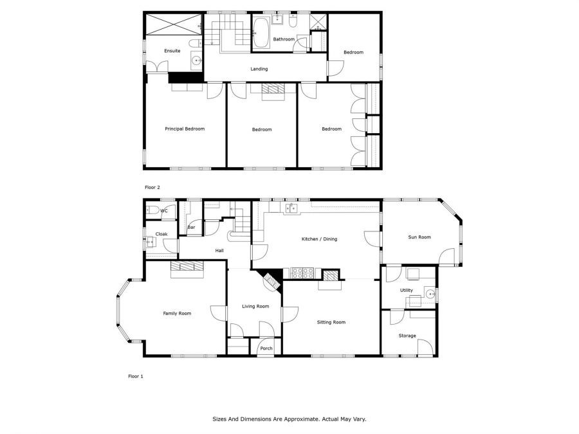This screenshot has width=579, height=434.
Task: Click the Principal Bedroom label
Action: coord(185,129)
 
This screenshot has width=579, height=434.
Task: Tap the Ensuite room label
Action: coord(172,51)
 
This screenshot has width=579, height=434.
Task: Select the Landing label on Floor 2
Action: coord(259,69)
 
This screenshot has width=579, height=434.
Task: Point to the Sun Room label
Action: coord(419,237)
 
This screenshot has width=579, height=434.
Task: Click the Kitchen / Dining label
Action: coord(319,239)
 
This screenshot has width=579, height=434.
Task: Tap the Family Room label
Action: coord(177,313)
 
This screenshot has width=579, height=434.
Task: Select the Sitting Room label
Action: coord(331,322)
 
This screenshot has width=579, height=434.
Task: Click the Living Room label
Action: coord(255,306)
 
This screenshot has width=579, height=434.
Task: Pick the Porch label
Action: coord(266,348)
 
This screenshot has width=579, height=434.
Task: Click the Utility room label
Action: coord(407,291)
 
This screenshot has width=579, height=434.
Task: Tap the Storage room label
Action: coord(407,336)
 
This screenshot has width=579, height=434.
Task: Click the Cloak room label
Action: coord(161,234)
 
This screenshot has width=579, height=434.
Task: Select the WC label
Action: coord(164,210)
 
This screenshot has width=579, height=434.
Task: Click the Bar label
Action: coord(191,227)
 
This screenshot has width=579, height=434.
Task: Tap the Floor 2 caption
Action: coord(152,187)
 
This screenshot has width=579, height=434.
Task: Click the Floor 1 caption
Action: coord(135,376)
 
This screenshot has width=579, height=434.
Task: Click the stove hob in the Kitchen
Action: coord(302,273)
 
